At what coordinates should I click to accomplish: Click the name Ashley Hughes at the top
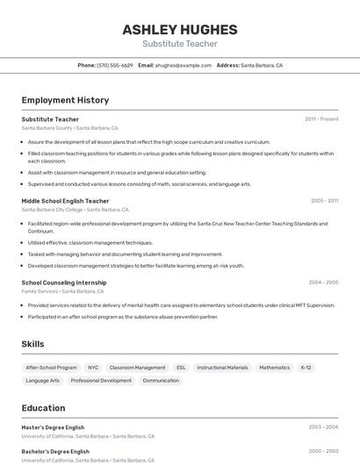click(179, 29)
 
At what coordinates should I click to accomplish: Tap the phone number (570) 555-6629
click(115, 65)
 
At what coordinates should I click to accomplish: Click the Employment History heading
click(65, 100)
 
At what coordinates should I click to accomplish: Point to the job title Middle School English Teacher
click(65, 201)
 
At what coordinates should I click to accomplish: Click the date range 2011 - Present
click(321, 119)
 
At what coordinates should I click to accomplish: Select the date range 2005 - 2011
click(324, 201)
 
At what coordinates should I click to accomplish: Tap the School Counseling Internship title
click(64, 283)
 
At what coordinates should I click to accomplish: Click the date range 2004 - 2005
click(323, 283)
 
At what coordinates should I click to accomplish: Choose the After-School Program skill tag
click(51, 368)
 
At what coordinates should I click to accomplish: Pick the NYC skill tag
click(93, 368)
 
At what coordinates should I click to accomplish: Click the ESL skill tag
click(181, 368)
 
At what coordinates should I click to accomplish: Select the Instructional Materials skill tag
click(222, 368)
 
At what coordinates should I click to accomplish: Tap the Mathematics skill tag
click(274, 368)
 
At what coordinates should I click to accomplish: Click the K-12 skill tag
click(306, 368)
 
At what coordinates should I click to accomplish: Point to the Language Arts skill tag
click(43, 381)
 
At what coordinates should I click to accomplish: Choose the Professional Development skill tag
click(101, 381)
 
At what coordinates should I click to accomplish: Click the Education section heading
click(43, 408)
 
